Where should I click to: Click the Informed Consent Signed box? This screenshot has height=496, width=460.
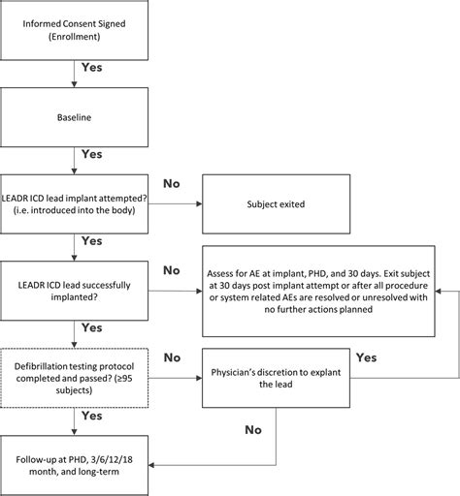(74, 30)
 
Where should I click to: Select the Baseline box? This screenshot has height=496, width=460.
(74, 117)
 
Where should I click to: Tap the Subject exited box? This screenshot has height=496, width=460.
(277, 204)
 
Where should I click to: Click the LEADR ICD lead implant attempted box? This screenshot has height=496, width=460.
(74, 204)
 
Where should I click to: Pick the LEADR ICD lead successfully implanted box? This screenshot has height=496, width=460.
(74, 291)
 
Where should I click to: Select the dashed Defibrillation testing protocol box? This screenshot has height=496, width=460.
(74, 378)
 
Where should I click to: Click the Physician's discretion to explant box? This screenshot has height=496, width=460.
(276, 378)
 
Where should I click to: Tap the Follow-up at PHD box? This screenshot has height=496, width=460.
(74, 465)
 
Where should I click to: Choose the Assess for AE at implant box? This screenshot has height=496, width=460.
(318, 292)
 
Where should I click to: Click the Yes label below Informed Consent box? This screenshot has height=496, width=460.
(92, 67)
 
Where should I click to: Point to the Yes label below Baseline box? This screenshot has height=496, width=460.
(92, 154)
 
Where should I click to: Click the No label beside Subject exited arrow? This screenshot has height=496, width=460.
(172, 183)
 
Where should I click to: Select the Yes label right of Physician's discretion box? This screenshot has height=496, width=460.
(367, 357)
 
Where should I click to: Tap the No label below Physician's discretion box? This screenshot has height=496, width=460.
(253, 430)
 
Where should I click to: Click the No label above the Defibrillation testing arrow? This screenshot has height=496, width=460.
(172, 357)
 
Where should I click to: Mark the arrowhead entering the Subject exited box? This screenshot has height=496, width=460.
(199, 203)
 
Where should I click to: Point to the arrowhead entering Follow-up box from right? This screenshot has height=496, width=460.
(151, 465)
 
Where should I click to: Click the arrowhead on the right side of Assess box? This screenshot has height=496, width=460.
(438, 291)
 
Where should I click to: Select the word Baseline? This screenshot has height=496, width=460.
(74, 117)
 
